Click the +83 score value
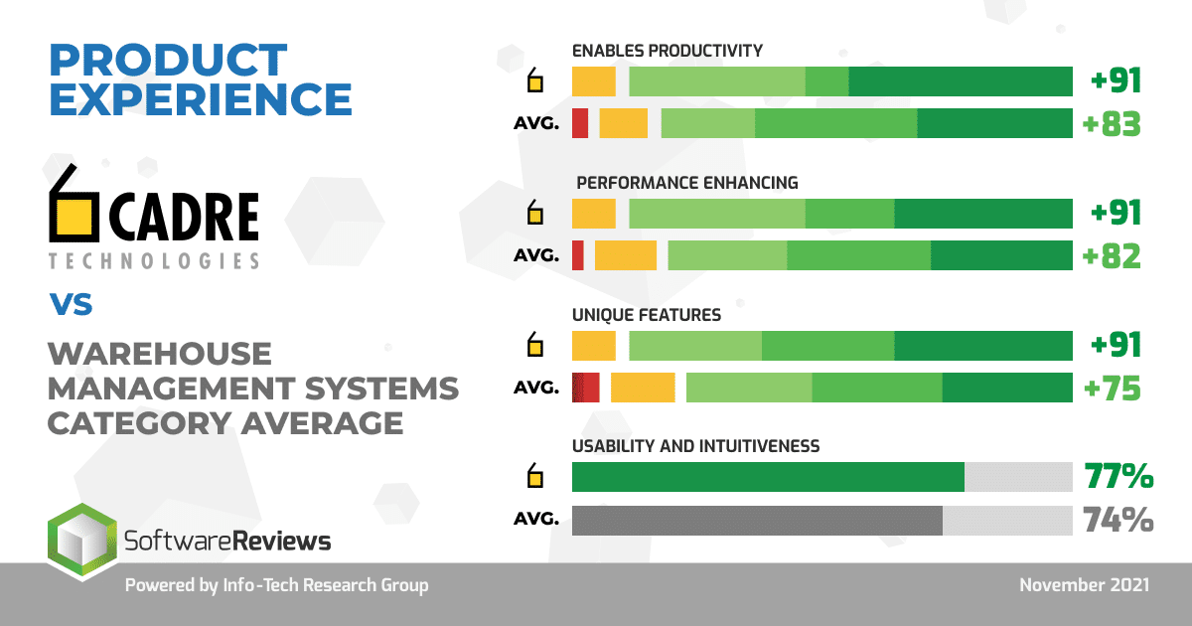click(1112, 124)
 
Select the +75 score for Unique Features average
click(1112, 388)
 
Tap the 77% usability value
click(1117, 477)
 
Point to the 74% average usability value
click(1117, 520)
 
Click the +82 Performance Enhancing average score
click(1112, 255)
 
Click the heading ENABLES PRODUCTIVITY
click(667, 51)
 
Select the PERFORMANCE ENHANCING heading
click(687, 183)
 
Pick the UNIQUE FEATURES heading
click(647, 315)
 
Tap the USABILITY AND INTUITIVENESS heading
click(695, 446)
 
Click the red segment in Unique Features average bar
click(586, 388)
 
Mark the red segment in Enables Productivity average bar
click(580, 124)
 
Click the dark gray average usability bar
click(757, 521)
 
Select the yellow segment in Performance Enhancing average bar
click(626, 255)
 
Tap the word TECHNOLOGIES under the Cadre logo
click(153, 261)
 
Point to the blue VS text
click(71, 304)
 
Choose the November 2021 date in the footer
click(1084, 585)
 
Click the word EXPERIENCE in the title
click(201, 99)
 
